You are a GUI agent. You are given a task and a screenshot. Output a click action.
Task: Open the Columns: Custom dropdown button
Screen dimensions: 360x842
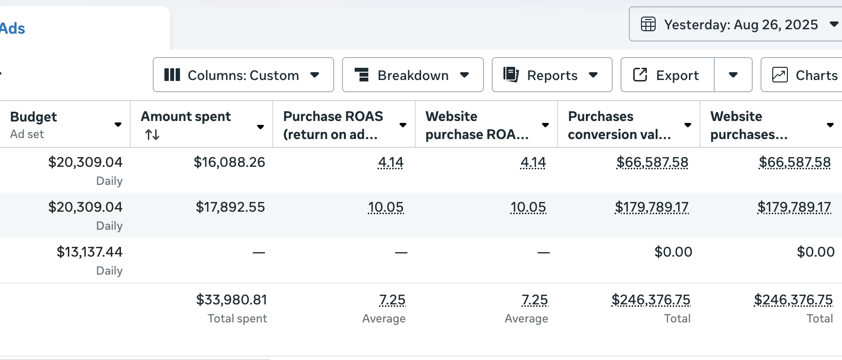click(243, 75)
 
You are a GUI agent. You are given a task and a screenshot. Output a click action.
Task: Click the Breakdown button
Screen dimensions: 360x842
click(412, 75)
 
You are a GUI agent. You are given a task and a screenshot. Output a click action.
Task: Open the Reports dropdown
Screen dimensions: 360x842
click(551, 75)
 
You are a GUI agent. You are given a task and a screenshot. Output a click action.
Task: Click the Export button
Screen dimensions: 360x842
click(667, 75)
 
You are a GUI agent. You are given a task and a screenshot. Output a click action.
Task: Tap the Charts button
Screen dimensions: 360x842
click(805, 75)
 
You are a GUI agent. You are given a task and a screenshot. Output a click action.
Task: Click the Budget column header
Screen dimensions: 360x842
click(34, 117)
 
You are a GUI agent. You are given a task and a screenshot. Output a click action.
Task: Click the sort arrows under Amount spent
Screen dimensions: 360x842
click(152, 135)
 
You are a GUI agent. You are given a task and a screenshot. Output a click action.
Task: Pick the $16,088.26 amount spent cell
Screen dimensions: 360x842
click(229, 162)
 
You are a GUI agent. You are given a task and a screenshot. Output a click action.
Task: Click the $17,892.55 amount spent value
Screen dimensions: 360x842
click(230, 207)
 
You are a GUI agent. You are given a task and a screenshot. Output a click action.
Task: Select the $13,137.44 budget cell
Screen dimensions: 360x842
click(89, 252)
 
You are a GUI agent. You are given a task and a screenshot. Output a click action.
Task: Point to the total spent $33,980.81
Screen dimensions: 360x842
click(231, 300)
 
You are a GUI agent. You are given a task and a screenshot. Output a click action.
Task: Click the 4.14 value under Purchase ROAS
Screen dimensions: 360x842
click(390, 162)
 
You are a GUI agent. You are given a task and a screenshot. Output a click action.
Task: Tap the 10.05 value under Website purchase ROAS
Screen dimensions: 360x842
click(528, 207)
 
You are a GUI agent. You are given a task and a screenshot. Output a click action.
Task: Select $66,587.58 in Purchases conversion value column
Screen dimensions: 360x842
click(652, 162)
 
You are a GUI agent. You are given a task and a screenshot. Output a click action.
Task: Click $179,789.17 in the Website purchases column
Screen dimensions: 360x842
click(794, 207)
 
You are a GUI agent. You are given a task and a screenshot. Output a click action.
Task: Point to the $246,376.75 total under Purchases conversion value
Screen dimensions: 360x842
click(651, 300)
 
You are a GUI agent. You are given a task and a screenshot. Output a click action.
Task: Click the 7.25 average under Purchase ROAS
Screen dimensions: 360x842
click(392, 300)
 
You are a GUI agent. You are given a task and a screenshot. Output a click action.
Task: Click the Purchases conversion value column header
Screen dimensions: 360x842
click(620, 125)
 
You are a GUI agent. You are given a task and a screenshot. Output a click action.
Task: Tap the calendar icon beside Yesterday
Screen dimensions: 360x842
click(648, 24)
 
